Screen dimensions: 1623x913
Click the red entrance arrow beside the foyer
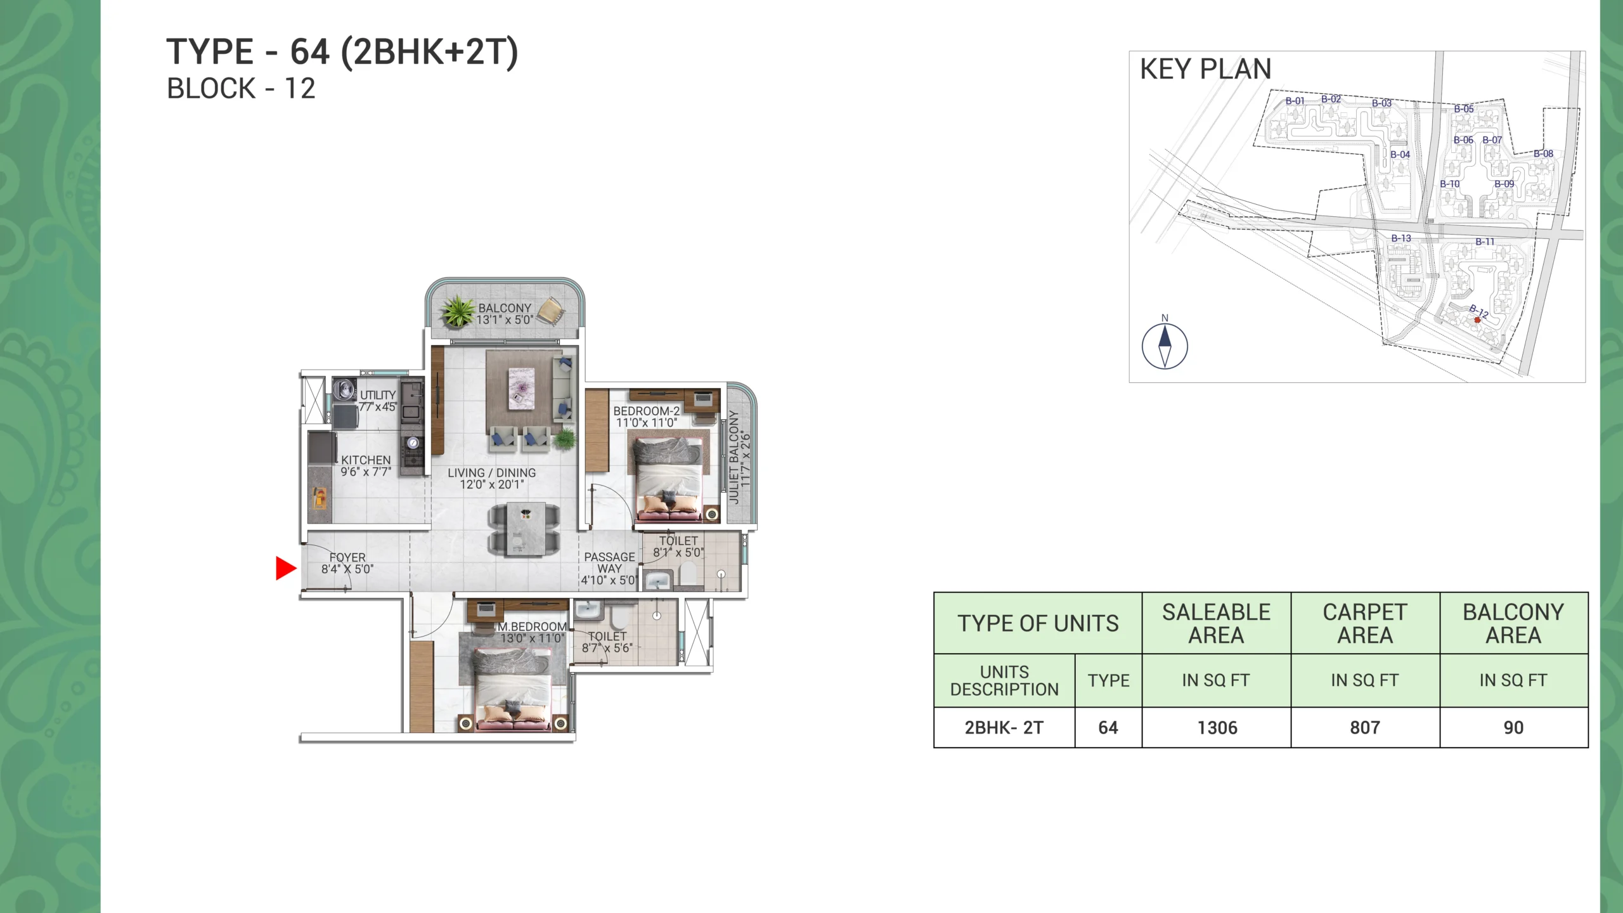click(x=286, y=568)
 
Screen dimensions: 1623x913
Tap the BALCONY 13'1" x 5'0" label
click(x=505, y=314)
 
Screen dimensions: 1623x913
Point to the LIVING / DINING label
click(x=492, y=479)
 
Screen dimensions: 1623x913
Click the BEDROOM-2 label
click(x=647, y=417)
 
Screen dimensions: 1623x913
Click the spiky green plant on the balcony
click(x=458, y=312)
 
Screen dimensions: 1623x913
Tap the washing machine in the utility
click(x=345, y=389)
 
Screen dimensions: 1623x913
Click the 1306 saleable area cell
click(x=1217, y=728)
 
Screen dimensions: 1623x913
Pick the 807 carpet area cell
click(x=1365, y=728)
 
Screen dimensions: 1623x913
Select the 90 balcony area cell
click(x=1514, y=728)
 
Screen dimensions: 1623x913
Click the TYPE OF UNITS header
click(x=1038, y=623)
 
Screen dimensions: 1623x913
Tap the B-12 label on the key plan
click(x=1479, y=311)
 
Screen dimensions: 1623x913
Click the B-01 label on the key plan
click(x=1295, y=101)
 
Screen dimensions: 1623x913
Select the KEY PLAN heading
click(x=1206, y=69)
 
